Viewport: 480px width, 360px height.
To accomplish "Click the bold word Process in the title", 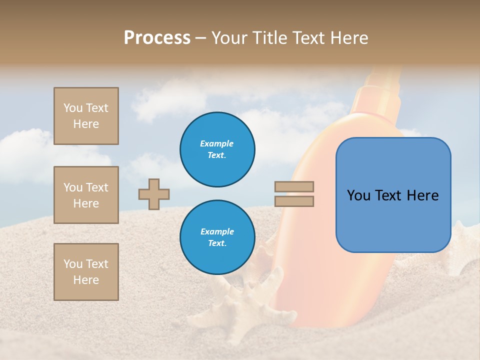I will click(157, 38).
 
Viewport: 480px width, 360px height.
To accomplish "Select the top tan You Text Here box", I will click(86, 116).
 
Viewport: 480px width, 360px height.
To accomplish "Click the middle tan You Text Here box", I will click(86, 195).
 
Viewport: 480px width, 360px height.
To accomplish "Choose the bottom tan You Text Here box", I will click(86, 271).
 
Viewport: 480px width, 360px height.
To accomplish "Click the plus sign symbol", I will click(154, 193).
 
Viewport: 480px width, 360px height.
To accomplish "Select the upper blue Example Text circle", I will click(217, 149).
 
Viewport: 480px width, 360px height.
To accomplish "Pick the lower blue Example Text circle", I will click(217, 237).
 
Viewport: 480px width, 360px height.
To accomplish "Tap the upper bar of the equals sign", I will click(294, 186).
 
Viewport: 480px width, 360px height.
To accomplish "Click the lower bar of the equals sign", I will click(294, 201).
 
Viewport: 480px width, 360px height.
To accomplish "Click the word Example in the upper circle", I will click(217, 143).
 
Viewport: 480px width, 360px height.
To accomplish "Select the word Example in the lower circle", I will click(217, 231).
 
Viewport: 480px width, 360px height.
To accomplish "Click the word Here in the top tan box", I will click(86, 124).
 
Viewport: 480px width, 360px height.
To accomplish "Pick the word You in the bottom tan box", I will click(72, 263).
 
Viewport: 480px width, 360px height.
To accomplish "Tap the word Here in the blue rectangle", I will click(422, 195).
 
